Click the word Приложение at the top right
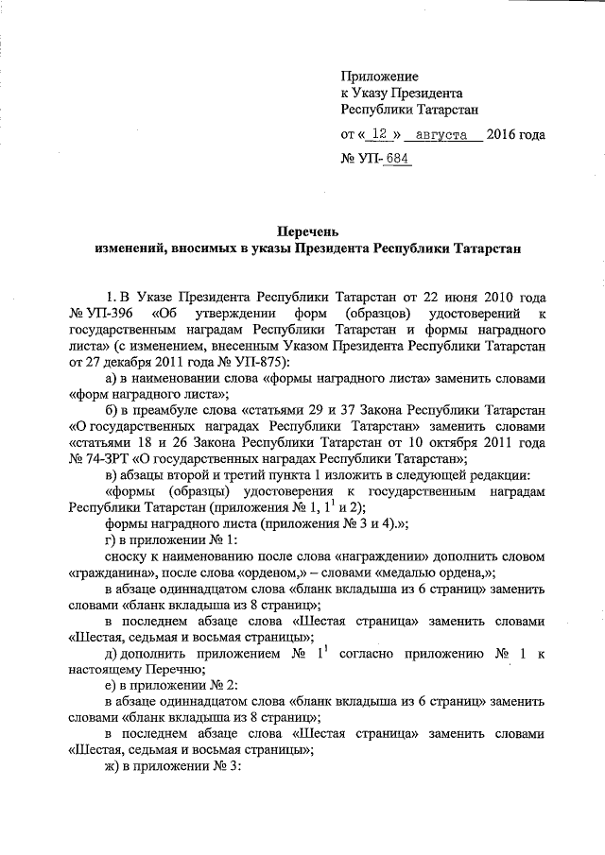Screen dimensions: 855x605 379,77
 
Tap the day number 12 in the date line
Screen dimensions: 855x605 378,135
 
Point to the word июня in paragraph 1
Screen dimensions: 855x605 450,297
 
